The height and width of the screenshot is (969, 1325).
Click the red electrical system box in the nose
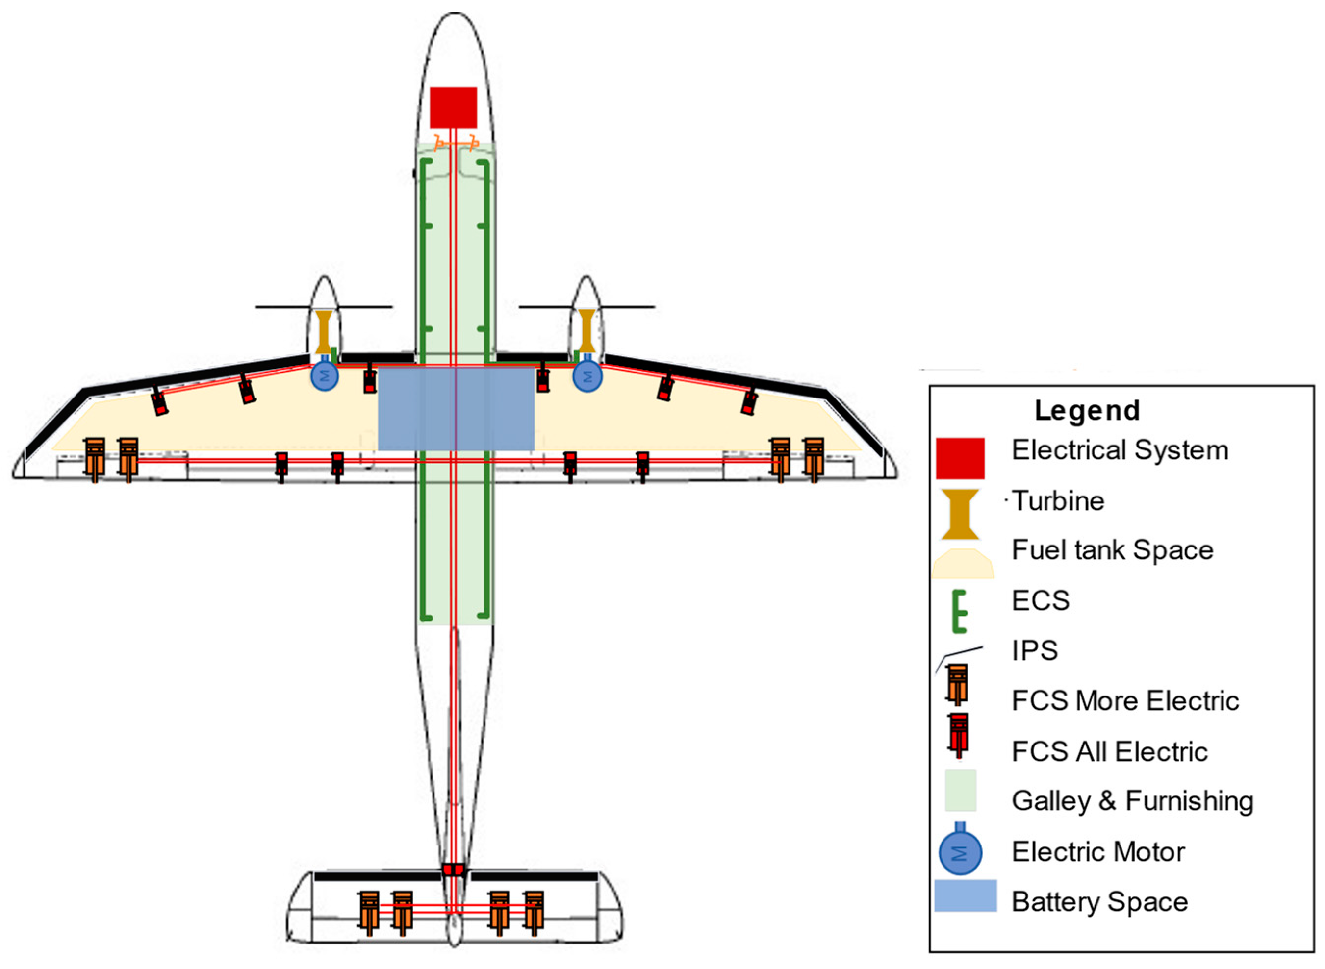click(x=453, y=107)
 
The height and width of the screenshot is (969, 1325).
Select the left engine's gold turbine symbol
click(x=323, y=332)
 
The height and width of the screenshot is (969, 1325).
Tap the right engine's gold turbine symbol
click(x=586, y=331)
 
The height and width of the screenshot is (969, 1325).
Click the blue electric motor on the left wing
click(x=324, y=375)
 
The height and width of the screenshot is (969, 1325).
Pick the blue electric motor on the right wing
click(x=587, y=376)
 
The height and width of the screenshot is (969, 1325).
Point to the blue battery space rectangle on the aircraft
click(x=456, y=408)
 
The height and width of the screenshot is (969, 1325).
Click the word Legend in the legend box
click(x=1087, y=411)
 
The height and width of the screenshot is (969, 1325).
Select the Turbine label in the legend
click(x=1058, y=501)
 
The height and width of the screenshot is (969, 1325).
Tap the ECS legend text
click(x=1041, y=600)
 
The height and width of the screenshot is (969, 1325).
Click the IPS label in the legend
click(x=1035, y=650)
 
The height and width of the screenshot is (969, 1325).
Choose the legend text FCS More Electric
click(x=1125, y=701)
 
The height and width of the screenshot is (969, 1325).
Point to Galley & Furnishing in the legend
click(x=1132, y=801)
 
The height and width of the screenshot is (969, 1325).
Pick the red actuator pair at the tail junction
click(x=453, y=869)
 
